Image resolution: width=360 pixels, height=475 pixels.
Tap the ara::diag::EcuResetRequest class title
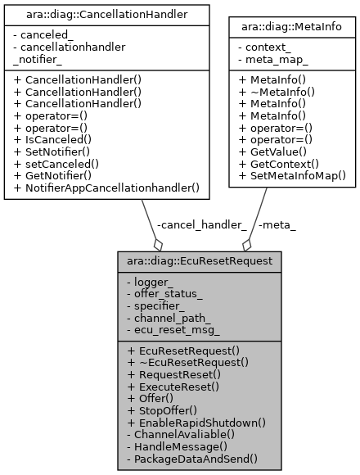[200, 261]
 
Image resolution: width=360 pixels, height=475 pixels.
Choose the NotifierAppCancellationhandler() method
[112, 188]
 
